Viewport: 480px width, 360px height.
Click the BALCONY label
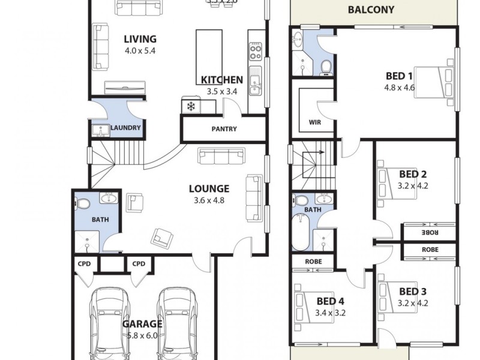pos(371,10)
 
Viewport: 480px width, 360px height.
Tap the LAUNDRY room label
pos(126,128)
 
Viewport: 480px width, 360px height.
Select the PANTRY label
pos(224,129)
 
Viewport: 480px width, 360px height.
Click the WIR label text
pos(314,122)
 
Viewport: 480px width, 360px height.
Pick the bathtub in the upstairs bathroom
pos(301,233)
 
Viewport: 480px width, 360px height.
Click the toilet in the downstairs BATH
pos(82,204)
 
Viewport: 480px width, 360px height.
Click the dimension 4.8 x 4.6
pos(400,87)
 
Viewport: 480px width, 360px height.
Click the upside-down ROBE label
pos(430,232)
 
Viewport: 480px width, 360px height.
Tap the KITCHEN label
pos(221,80)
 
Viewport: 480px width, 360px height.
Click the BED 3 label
pos(413,292)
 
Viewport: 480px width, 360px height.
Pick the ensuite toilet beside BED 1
pos(326,65)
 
